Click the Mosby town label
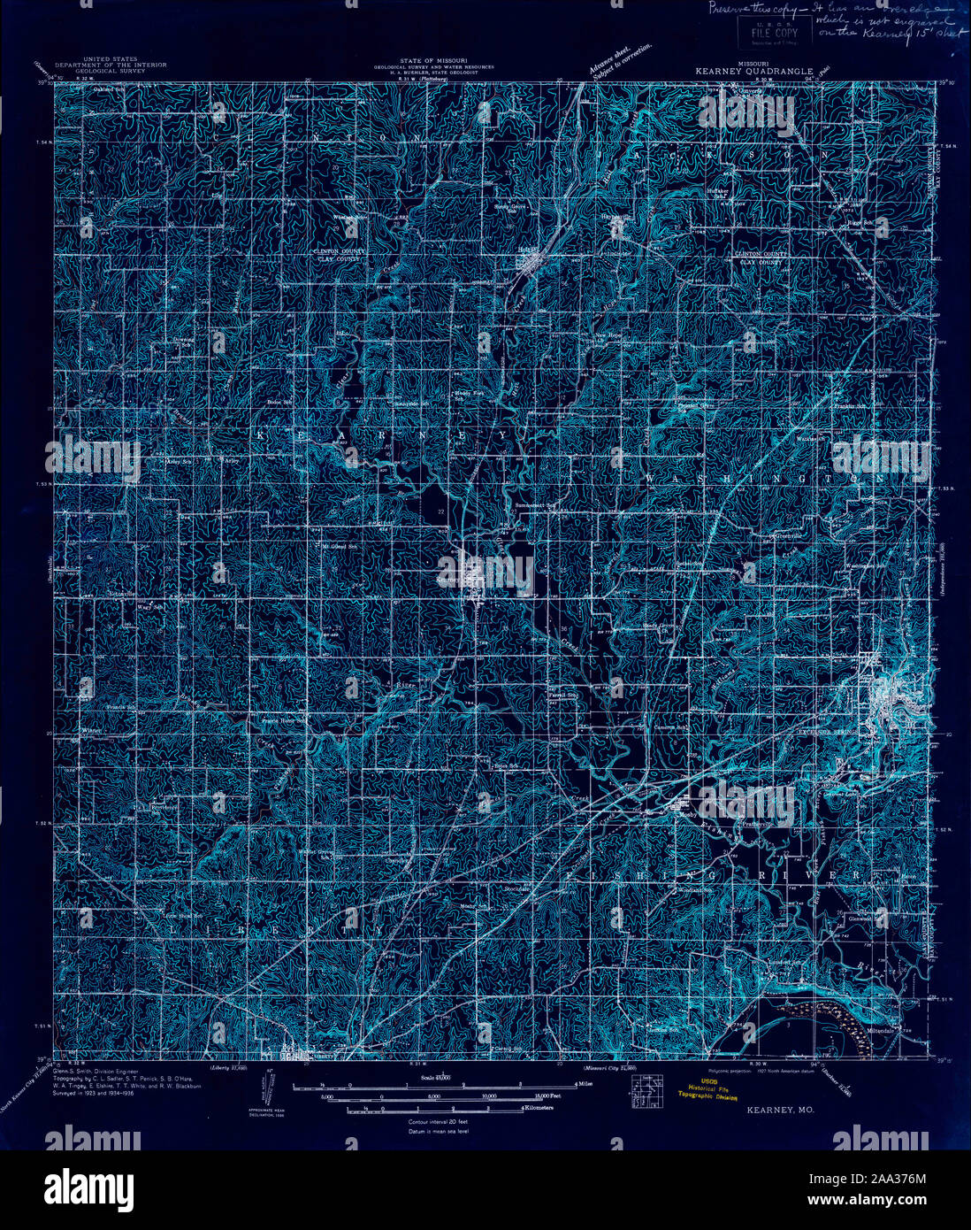[x=687, y=815]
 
